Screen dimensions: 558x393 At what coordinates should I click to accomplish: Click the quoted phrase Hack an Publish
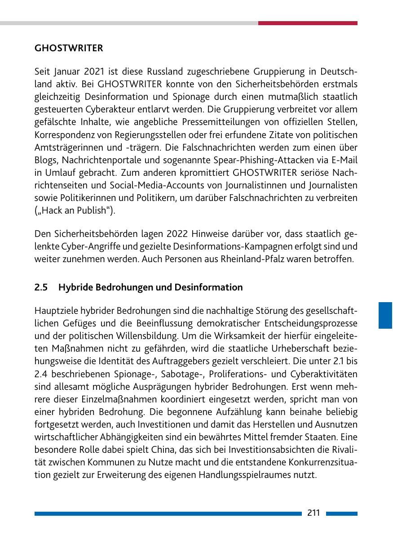pos(79,211)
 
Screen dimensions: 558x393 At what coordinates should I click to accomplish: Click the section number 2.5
pos(41,287)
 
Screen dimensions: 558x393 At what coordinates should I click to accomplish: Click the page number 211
pos(314,513)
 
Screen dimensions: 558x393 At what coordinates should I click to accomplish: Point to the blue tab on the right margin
pos(385,315)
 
